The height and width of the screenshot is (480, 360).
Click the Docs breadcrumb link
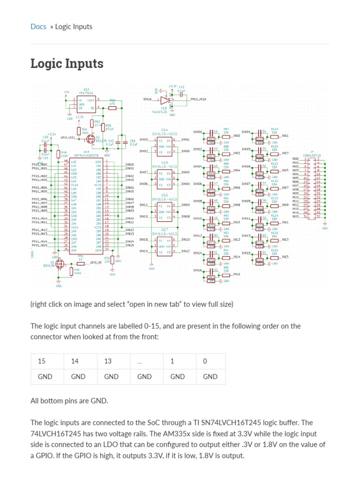pos(38,27)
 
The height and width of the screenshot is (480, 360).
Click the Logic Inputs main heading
pos(67,63)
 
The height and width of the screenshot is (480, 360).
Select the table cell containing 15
pos(42,361)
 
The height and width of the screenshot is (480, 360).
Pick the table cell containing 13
pos(108,361)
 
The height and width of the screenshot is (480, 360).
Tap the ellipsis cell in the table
pos(140,361)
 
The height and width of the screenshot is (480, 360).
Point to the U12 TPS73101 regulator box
pos(86,104)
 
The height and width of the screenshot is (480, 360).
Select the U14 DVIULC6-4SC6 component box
pos(165,145)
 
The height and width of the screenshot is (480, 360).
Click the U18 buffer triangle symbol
pos(164,100)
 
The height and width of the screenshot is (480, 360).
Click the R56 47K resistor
pos(112,108)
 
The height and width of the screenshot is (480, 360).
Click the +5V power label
pos(66,92)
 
